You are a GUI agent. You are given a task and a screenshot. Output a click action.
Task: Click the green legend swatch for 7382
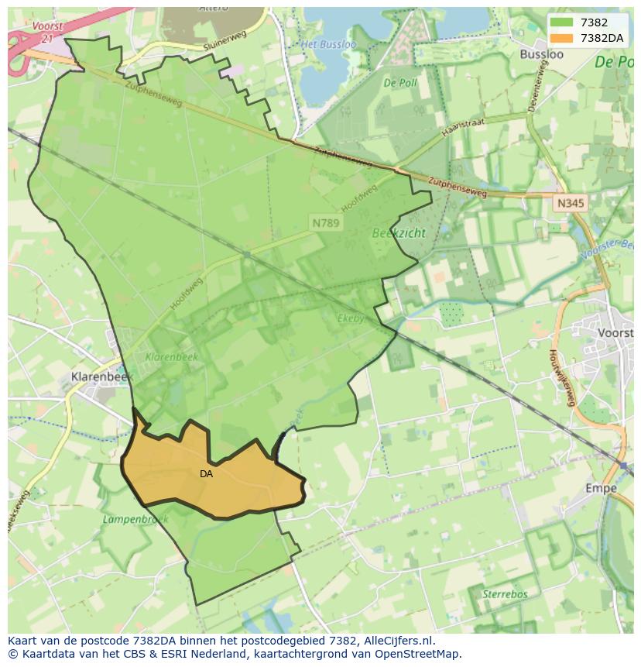click(x=562, y=22)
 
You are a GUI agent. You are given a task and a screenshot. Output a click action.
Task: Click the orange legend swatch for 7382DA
click(x=562, y=38)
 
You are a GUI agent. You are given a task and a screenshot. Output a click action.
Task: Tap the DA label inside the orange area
click(x=206, y=474)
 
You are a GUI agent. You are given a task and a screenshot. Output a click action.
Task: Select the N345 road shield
click(x=571, y=203)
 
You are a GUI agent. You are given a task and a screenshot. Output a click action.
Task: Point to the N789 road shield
click(x=326, y=222)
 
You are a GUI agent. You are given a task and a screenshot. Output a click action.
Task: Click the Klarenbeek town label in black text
click(x=101, y=376)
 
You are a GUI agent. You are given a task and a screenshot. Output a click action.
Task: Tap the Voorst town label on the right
click(x=616, y=332)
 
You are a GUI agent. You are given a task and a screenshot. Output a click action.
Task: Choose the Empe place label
click(x=601, y=488)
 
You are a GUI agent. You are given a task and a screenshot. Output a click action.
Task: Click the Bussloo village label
click(x=542, y=54)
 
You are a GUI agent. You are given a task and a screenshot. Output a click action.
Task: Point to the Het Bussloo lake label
click(x=328, y=44)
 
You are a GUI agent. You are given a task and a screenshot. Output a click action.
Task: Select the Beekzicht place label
click(x=399, y=232)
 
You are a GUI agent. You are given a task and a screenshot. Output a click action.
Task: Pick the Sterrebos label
click(x=504, y=594)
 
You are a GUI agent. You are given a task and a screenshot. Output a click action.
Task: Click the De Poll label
click(x=400, y=83)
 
